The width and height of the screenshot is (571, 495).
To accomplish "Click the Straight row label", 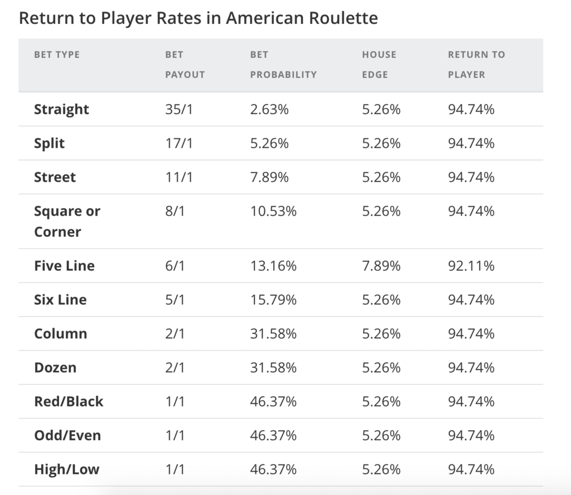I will point(61,109).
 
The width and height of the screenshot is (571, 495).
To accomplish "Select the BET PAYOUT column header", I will point(185,65).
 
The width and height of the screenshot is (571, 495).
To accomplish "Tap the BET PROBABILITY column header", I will point(283,65).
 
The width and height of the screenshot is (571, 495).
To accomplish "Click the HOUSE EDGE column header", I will point(379,65).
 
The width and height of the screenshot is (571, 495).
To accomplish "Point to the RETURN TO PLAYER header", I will point(476,65).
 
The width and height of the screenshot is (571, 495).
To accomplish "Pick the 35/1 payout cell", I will point(178,109).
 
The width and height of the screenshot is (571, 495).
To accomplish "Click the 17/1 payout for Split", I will point(178,143).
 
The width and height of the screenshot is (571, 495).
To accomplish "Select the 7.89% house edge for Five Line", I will point(381,266).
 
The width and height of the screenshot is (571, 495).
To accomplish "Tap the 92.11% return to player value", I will point(471,266).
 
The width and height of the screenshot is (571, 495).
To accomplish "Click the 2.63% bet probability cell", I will point(269,109).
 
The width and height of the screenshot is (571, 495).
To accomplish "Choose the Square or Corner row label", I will point(67,221).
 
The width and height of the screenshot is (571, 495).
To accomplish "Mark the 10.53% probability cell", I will point(273,211).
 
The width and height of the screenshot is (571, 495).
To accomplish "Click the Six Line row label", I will point(60,300).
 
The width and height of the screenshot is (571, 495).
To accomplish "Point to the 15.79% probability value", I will point(273,300).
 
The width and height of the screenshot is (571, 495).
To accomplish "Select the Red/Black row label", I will point(69,401).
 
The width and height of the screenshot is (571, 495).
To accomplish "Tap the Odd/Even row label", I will point(67,435).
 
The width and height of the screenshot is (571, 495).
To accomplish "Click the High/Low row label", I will point(66,469).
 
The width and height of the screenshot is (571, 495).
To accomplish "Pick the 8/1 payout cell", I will point(175,211).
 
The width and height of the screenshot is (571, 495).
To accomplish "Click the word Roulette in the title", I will point(345,18).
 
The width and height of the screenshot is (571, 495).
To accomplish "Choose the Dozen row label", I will point(55,368).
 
